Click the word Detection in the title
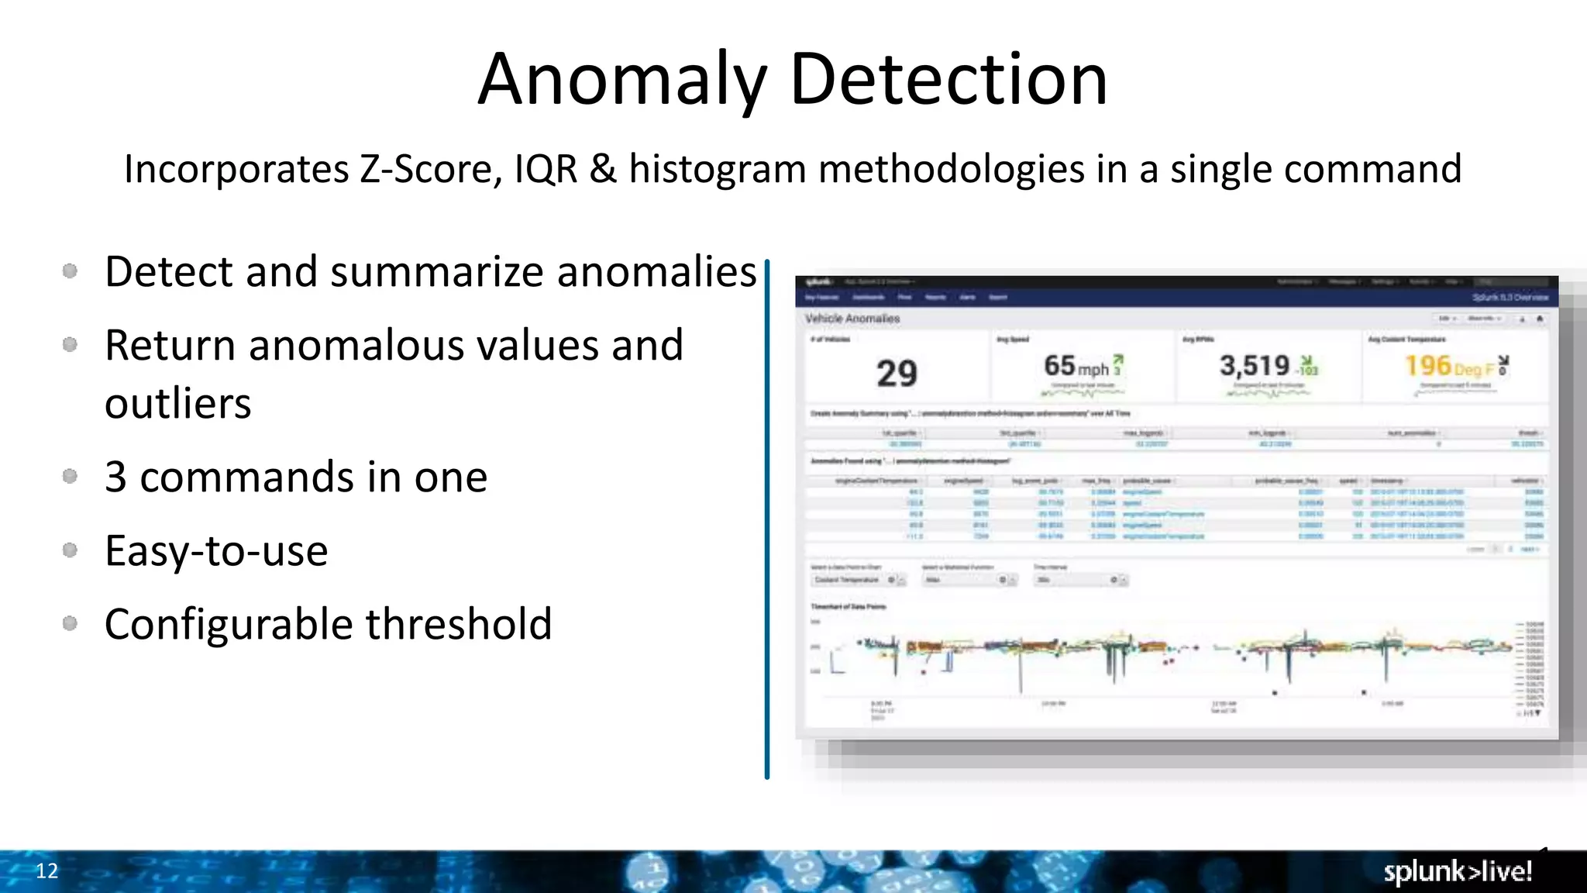point(948,80)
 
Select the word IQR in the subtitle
point(546,169)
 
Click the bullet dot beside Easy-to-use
point(70,550)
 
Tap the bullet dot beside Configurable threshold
point(70,623)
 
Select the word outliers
point(178,404)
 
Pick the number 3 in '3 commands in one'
point(115,477)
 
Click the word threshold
point(459,624)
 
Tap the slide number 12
point(46,871)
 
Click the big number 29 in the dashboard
point(897,374)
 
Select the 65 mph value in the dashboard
point(1076,366)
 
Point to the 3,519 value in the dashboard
point(1255,366)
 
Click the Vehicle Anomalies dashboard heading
point(852,319)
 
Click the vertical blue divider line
point(767,519)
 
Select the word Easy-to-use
point(216,551)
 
